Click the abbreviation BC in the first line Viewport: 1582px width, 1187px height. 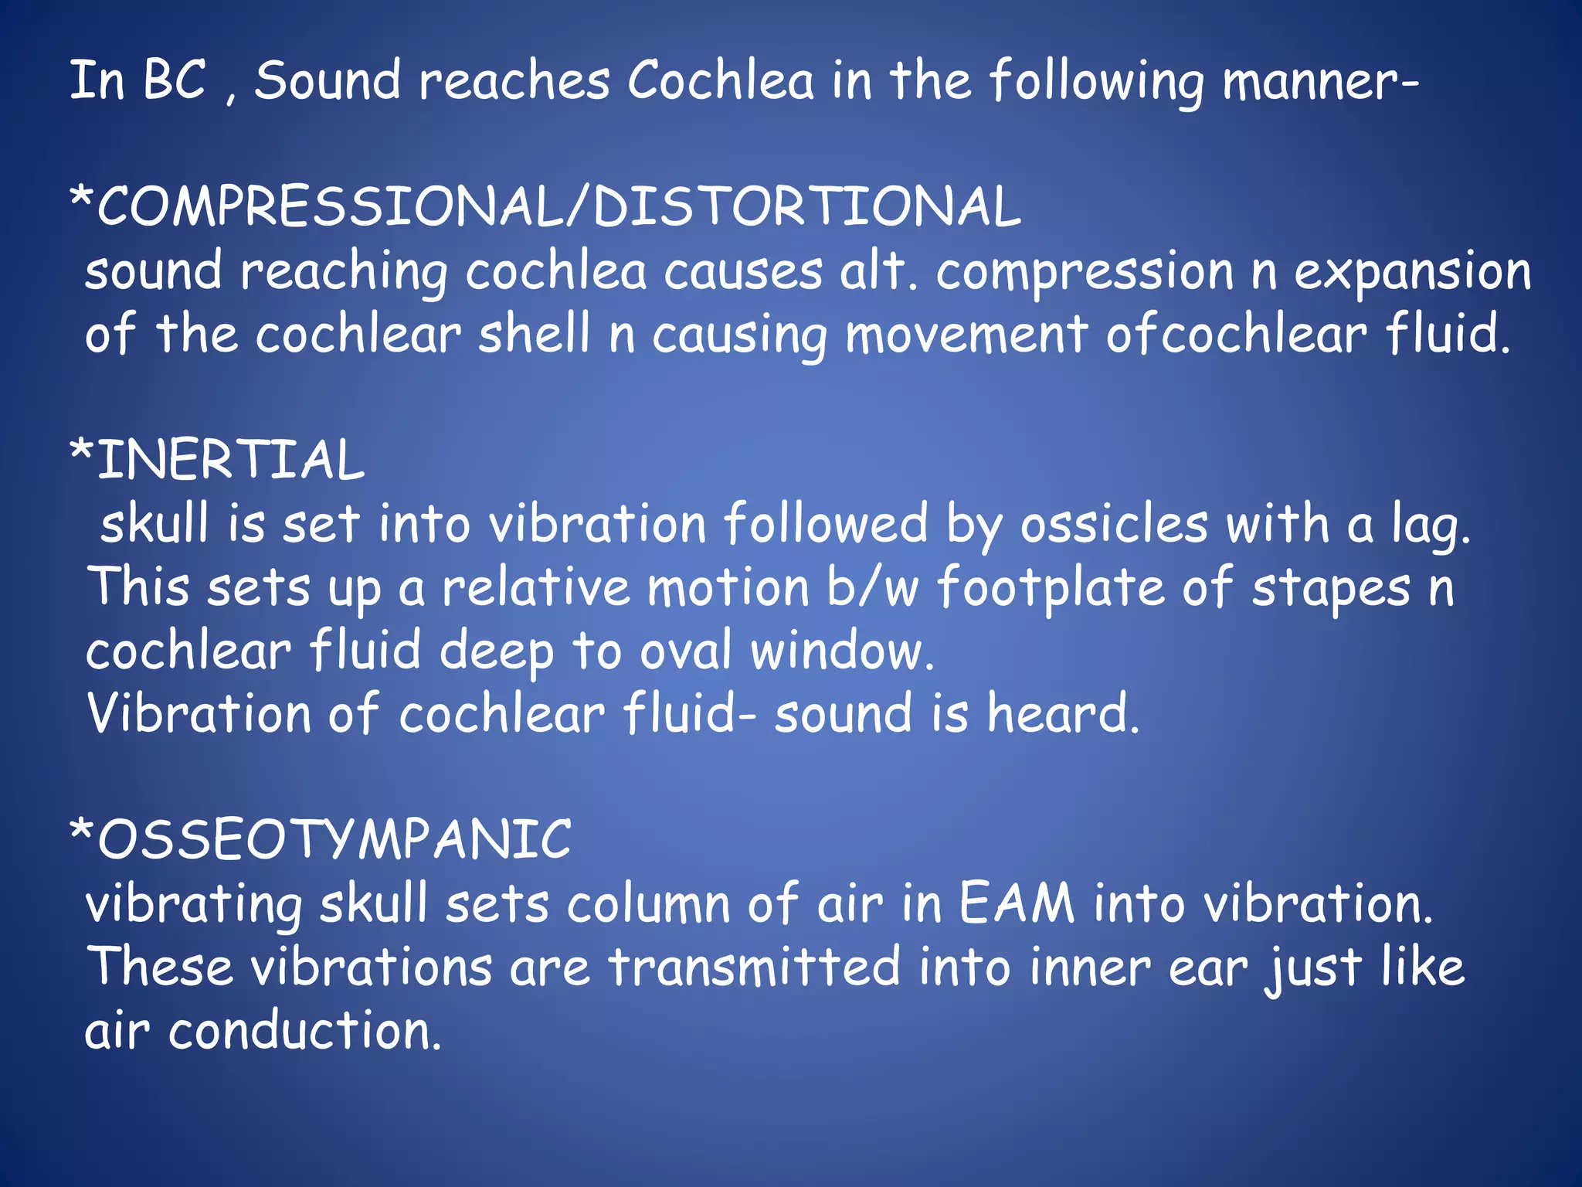tap(175, 80)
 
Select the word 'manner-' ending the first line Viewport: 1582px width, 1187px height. tap(1321, 82)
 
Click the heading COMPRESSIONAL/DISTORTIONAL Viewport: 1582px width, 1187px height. tap(545, 207)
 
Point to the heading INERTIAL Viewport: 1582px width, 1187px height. tap(217, 460)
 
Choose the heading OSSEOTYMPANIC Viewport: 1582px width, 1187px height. tap(321, 840)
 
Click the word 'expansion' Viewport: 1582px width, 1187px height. tap(1412, 273)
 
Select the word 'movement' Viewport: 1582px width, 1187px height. tap(966, 335)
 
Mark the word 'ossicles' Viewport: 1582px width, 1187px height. tap(1114, 524)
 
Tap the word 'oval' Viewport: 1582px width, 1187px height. tap(686, 651)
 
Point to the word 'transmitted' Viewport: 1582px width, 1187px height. tap(755, 967)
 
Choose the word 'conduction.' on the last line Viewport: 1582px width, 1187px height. tap(305, 1030)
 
